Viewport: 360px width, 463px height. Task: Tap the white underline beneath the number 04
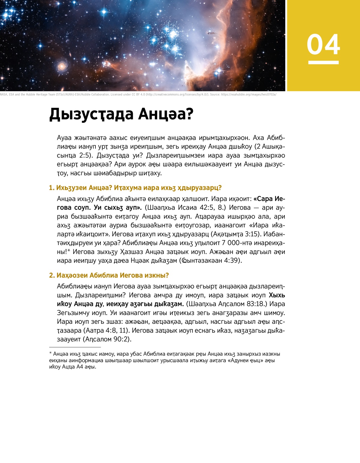pos(323,62)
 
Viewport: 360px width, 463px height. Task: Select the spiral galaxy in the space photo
pos(62,66)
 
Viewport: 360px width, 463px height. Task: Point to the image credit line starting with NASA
pos(138,95)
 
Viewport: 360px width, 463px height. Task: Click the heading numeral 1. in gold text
pos(52,188)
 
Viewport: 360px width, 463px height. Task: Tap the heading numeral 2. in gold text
pos(52,275)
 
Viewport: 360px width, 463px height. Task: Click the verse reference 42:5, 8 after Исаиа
pos(214,208)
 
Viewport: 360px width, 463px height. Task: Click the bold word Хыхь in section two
pos(277,295)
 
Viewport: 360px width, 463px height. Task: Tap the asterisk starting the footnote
pos(51,354)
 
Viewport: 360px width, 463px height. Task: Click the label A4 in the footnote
pos(79,367)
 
